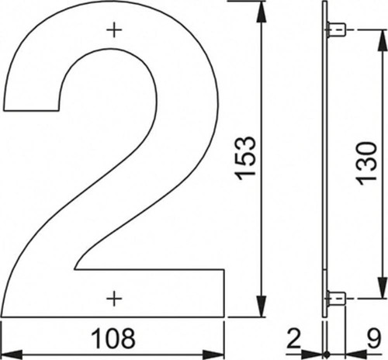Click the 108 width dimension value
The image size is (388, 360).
[113, 338]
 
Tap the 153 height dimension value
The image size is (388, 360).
[246, 157]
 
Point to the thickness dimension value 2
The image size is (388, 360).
[293, 338]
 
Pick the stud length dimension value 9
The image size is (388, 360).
[374, 338]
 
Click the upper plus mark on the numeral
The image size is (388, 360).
[114, 30]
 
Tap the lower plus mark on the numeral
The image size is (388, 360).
[114, 299]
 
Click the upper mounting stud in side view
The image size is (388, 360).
[336, 30]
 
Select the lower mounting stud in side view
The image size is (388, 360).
[336, 299]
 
